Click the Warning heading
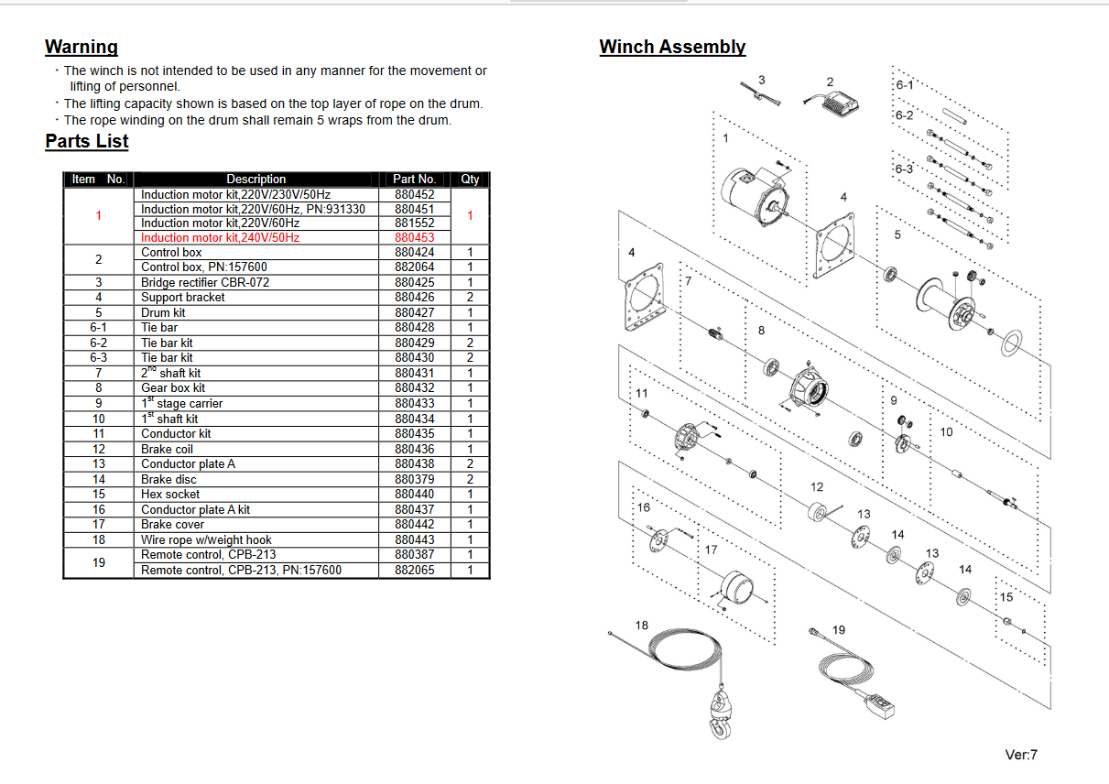pos(82,47)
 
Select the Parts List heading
pos(87,141)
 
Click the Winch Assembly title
pos(672,47)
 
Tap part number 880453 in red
pos(415,238)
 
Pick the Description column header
pos(256,180)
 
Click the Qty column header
pos(470,180)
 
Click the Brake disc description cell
pos(169,479)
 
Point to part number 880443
pos(415,540)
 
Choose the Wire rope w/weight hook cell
pos(206,540)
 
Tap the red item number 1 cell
pos(98,216)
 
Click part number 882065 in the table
pos(415,571)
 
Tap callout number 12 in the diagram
pos(817,487)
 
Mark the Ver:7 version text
pos(1021,756)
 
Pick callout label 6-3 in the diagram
pos(904,169)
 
